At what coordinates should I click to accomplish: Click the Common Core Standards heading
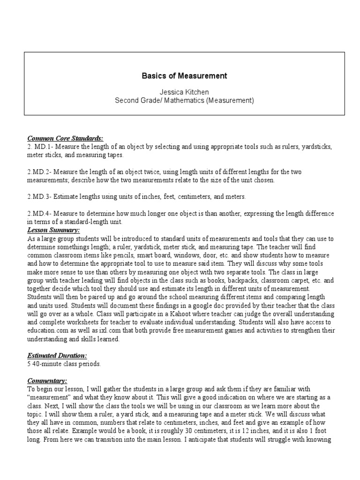65,139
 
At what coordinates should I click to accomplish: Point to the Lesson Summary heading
53,230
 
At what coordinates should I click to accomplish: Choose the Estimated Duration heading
57,356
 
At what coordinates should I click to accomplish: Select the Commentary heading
47,381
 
